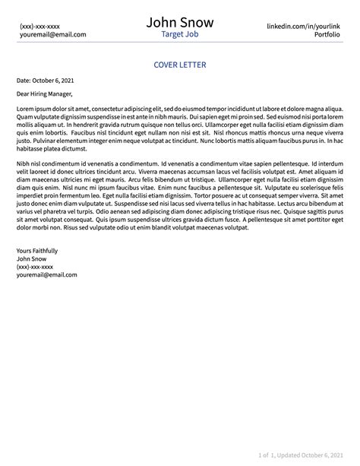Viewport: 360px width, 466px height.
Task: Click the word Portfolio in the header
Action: point(326,35)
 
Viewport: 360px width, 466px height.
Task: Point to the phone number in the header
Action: point(39,26)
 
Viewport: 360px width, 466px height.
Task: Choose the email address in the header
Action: point(52,35)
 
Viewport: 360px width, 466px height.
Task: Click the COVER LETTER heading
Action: point(179,65)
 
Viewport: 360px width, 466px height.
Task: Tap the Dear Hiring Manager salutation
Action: point(45,95)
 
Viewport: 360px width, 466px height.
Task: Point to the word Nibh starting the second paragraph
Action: point(24,163)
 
